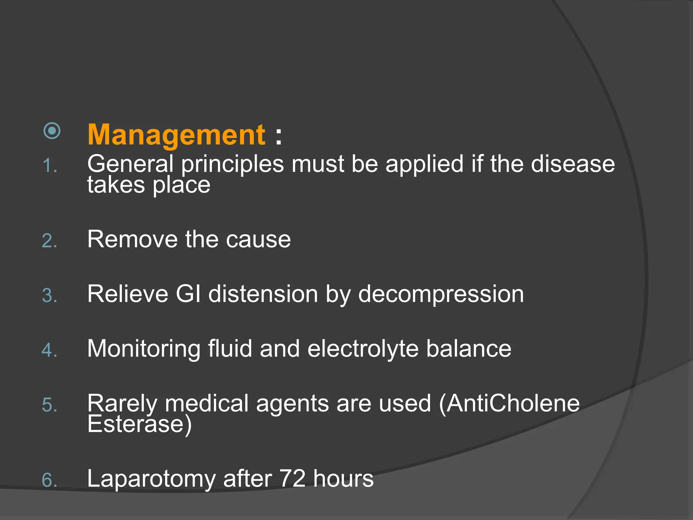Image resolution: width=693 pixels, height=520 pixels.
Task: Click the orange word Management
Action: click(176, 135)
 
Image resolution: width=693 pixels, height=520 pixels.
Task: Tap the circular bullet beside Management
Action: click(52, 131)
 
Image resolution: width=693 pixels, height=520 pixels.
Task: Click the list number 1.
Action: click(49, 166)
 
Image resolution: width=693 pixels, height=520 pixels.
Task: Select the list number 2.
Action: click(49, 241)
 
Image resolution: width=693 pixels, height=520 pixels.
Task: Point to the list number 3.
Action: click(49, 296)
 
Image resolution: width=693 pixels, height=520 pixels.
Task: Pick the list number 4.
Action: click(49, 350)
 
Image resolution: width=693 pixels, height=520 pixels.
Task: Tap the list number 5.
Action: click(49, 405)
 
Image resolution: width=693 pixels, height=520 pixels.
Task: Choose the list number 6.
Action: click(49, 480)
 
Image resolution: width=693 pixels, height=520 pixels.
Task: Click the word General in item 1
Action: click(130, 164)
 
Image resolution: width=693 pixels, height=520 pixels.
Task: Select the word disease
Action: click(573, 164)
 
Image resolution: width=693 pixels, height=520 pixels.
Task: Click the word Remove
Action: click(132, 239)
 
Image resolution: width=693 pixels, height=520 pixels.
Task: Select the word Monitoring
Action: click(144, 349)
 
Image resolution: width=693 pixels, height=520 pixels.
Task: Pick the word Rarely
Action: click(122, 404)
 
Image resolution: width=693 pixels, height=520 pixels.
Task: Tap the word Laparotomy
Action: click(151, 479)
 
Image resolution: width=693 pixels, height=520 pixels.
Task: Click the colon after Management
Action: click(278, 136)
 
